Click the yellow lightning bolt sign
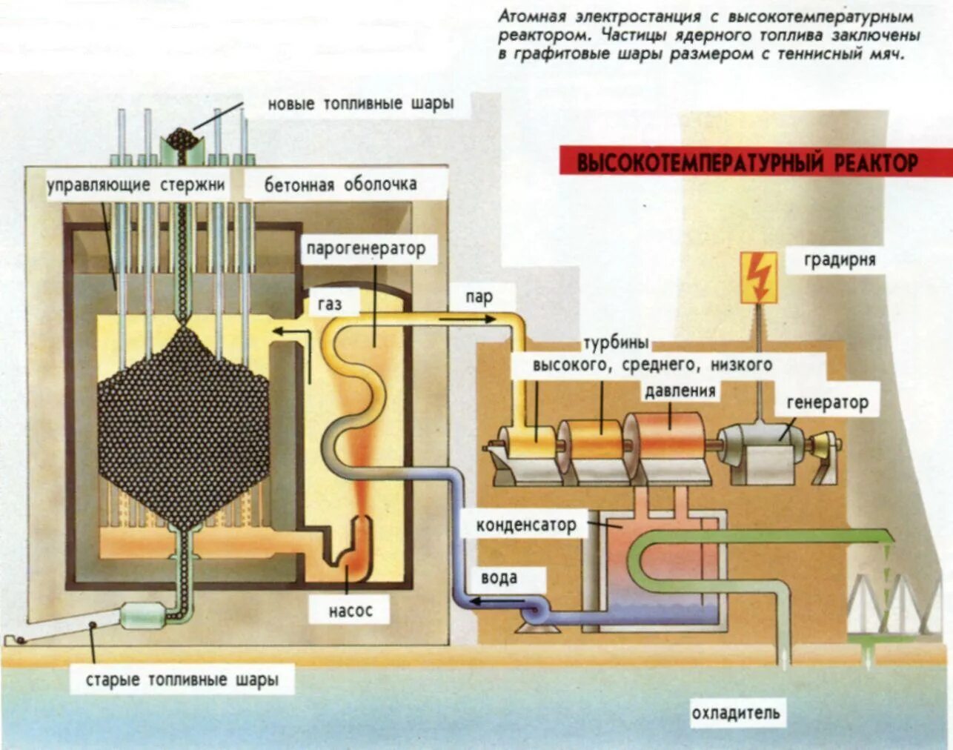pyautogui.click(x=758, y=277)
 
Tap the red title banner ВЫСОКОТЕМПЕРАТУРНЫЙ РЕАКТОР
pyautogui.click(x=747, y=162)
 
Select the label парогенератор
pyautogui.click(x=366, y=248)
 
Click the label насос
pyautogui.click(x=350, y=611)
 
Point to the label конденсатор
pyautogui.click(x=525, y=525)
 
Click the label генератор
pyautogui.click(x=827, y=403)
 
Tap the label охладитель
pyautogui.click(x=735, y=713)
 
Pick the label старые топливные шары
pyautogui.click(x=182, y=680)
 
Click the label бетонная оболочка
pyautogui.click(x=340, y=185)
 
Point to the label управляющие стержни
pyautogui.click(x=136, y=185)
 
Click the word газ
pyautogui.click(x=330, y=304)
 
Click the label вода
pyautogui.click(x=499, y=578)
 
